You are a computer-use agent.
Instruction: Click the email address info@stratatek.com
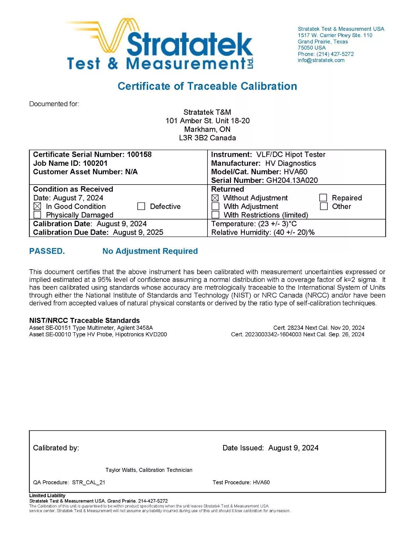pyautogui.click(x=321, y=60)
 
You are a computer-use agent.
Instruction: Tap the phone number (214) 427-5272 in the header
pyautogui.click(x=335, y=54)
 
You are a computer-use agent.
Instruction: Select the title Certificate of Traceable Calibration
pyautogui.click(x=207, y=86)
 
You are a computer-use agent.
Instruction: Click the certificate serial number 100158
pyautogui.click(x=139, y=154)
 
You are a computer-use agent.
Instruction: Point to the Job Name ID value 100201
pyautogui.click(x=95, y=163)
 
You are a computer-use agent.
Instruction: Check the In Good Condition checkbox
pyautogui.click(x=37, y=206)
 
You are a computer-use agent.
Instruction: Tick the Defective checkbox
pyautogui.click(x=141, y=206)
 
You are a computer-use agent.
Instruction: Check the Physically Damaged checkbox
pyautogui.click(x=37, y=214)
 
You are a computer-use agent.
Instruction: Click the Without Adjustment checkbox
pyautogui.click(x=215, y=198)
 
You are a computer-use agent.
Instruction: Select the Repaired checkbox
pyautogui.click(x=323, y=197)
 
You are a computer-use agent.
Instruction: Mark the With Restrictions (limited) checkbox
pyautogui.click(x=216, y=214)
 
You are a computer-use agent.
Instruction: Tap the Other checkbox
pyautogui.click(x=324, y=206)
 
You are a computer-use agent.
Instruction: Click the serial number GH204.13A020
pyautogui.click(x=292, y=180)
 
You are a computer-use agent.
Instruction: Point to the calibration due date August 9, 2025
pyautogui.click(x=138, y=232)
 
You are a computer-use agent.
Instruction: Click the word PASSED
pyautogui.click(x=47, y=251)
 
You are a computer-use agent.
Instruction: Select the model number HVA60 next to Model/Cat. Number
pyautogui.click(x=295, y=172)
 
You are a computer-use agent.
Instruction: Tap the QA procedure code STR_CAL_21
pyautogui.click(x=88, y=482)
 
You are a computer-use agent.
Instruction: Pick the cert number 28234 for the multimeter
pyautogui.click(x=295, y=328)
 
